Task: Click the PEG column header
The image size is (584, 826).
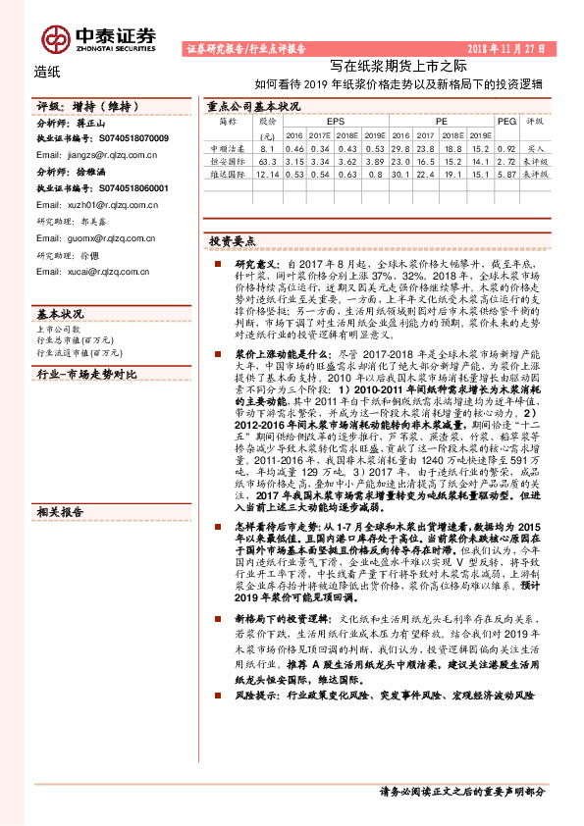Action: pyautogui.click(x=506, y=121)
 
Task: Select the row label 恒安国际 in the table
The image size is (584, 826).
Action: pyautogui.click(x=226, y=161)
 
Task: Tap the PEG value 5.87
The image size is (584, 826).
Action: pyautogui.click(x=506, y=174)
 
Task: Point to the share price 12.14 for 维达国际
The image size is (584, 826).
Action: pyautogui.click(x=266, y=174)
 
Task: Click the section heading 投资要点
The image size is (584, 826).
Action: pyautogui.click(x=233, y=241)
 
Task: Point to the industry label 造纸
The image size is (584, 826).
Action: pyautogui.click(x=47, y=72)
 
